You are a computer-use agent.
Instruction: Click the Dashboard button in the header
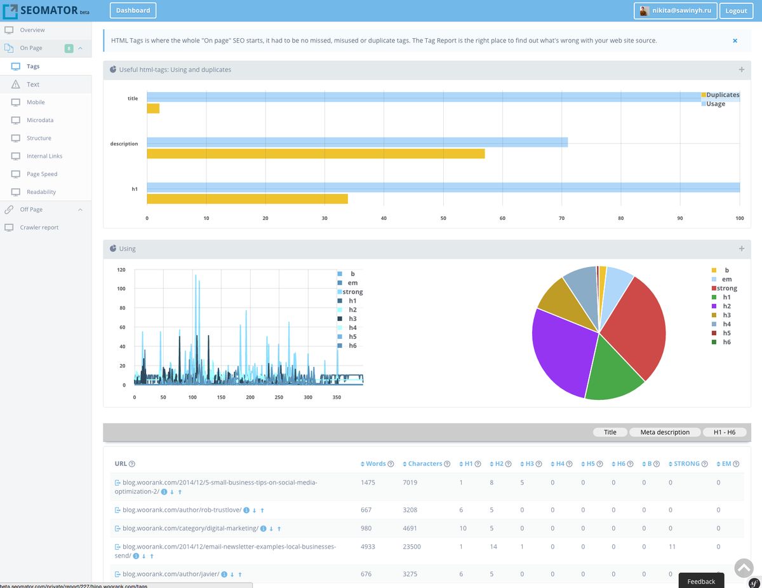click(133, 10)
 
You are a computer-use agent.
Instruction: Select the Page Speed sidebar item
click(42, 174)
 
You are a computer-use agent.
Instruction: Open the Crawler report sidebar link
click(39, 228)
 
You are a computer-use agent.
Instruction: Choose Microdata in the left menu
click(40, 120)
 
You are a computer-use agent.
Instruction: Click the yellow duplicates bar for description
click(316, 154)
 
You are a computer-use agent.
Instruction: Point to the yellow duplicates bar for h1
click(247, 199)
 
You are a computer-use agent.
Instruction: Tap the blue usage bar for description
click(357, 142)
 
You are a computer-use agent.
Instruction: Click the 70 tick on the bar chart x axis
click(561, 218)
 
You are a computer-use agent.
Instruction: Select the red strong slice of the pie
click(632, 324)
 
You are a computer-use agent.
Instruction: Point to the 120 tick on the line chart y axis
click(121, 270)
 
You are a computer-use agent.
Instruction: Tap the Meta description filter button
click(664, 432)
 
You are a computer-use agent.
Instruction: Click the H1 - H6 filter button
click(724, 432)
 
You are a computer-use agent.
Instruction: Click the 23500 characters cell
click(411, 547)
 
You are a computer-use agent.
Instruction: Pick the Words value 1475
click(368, 482)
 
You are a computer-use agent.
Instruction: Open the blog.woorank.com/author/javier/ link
click(171, 574)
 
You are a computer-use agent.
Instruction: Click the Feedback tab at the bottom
click(701, 581)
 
